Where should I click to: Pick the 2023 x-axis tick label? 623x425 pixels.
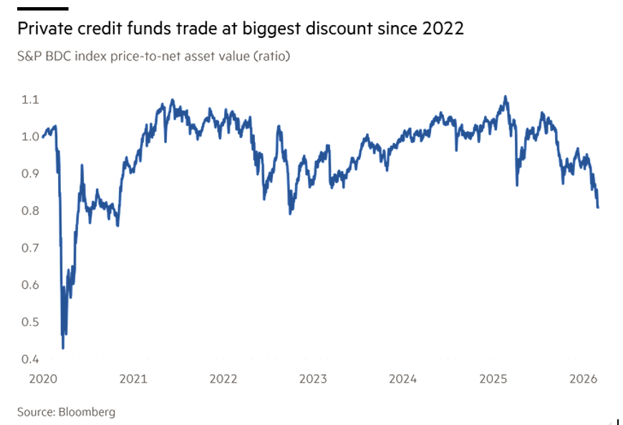tap(313, 378)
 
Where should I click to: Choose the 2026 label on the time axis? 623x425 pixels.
tap(582, 378)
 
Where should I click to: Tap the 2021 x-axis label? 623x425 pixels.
tap(134, 378)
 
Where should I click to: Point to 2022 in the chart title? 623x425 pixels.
tap(443, 29)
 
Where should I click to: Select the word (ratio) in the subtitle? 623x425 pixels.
tap(269, 56)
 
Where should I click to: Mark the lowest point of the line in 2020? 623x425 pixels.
tap(63, 348)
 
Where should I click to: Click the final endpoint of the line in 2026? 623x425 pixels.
tap(598, 207)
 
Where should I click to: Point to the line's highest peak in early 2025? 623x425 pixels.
tap(506, 97)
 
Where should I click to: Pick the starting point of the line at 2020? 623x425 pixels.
tap(43, 136)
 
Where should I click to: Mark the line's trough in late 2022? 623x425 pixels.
tap(290, 212)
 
